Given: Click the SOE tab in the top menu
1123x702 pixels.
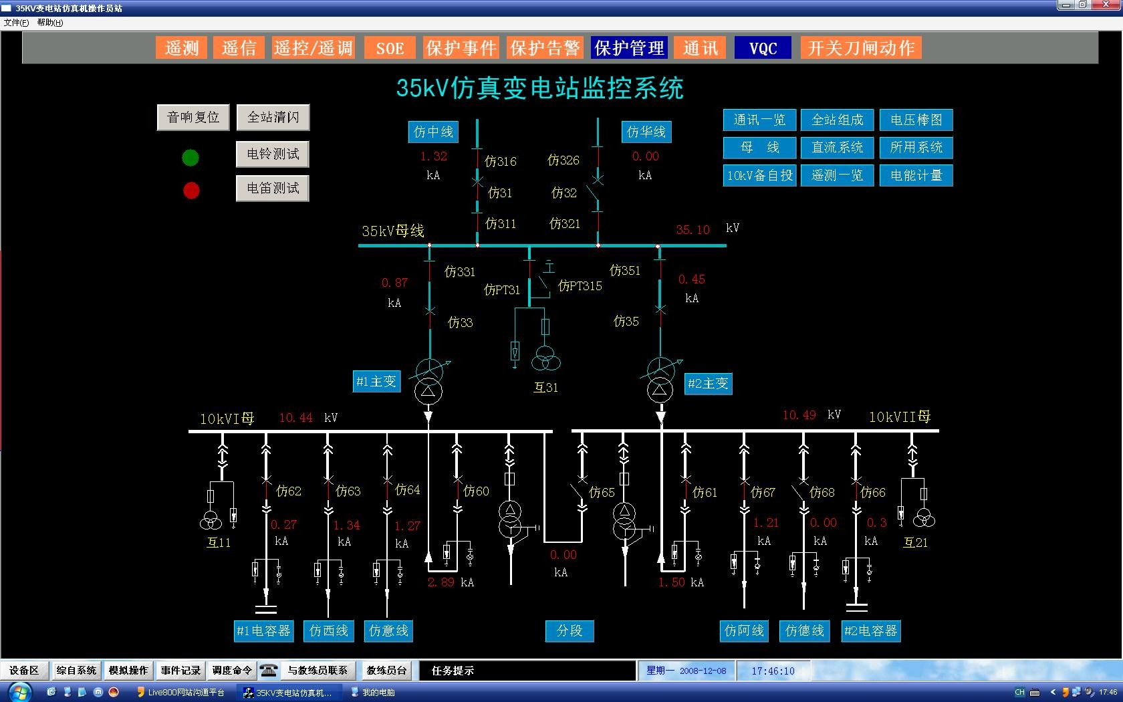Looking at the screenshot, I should pyautogui.click(x=390, y=48).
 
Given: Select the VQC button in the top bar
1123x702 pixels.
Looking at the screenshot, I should pyautogui.click(x=763, y=48).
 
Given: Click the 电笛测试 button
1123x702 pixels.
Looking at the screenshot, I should pyautogui.click(x=273, y=189).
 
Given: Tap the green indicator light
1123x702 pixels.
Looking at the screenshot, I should pyautogui.click(x=191, y=158).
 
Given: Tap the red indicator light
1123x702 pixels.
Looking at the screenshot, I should pyautogui.click(x=191, y=191).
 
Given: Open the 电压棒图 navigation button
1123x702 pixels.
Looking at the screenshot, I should pyautogui.click(x=916, y=120).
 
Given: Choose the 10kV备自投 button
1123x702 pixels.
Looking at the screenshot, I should pyautogui.click(x=759, y=176).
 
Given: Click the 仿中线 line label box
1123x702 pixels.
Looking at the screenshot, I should pyautogui.click(x=433, y=132).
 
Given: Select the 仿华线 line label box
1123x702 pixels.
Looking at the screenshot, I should pyautogui.click(x=646, y=132).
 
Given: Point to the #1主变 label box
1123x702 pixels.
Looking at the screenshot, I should pyautogui.click(x=376, y=382).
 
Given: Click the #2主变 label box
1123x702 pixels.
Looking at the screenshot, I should pyautogui.click(x=708, y=384).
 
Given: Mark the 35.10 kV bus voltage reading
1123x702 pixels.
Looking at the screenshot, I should pyautogui.click(x=693, y=230).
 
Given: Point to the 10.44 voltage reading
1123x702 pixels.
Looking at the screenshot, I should pyautogui.click(x=295, y=418).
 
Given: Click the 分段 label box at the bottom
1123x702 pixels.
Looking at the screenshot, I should pyautogui.click(x=570, y=630).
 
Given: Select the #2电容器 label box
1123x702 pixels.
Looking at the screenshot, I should pyautogui.click(x=870, y=630).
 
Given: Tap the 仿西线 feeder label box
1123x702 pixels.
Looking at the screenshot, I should pyautogui.click(x=328, y=630).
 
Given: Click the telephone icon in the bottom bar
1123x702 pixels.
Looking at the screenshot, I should pyautogui.click(x=269, y=671).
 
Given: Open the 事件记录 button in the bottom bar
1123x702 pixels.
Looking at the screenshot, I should pyautogui.click(x=180, y=671).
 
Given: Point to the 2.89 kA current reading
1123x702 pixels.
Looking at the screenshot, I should pyautogui.click(x=441, y=582).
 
